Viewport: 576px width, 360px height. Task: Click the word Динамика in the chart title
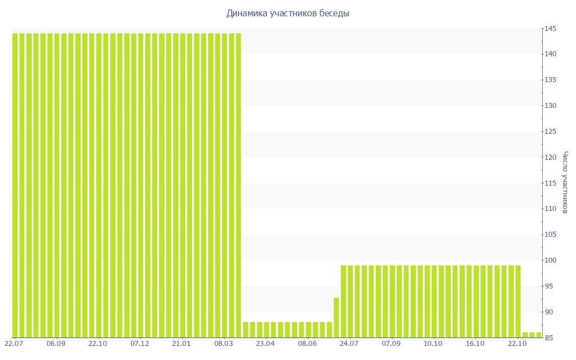244,13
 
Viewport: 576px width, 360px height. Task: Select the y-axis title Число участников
565,183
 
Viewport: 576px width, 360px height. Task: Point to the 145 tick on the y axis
550,29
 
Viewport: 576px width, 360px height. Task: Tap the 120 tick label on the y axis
550,157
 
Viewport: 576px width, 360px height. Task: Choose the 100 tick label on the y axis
550,260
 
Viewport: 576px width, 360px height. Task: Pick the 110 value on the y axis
550,209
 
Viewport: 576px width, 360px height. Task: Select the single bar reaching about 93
336,318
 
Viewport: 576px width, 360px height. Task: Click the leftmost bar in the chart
15,186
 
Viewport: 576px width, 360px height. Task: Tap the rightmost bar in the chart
539,335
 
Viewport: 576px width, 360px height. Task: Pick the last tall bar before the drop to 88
238,186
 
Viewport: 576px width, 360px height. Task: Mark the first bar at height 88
246,330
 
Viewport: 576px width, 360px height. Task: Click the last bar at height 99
517,301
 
